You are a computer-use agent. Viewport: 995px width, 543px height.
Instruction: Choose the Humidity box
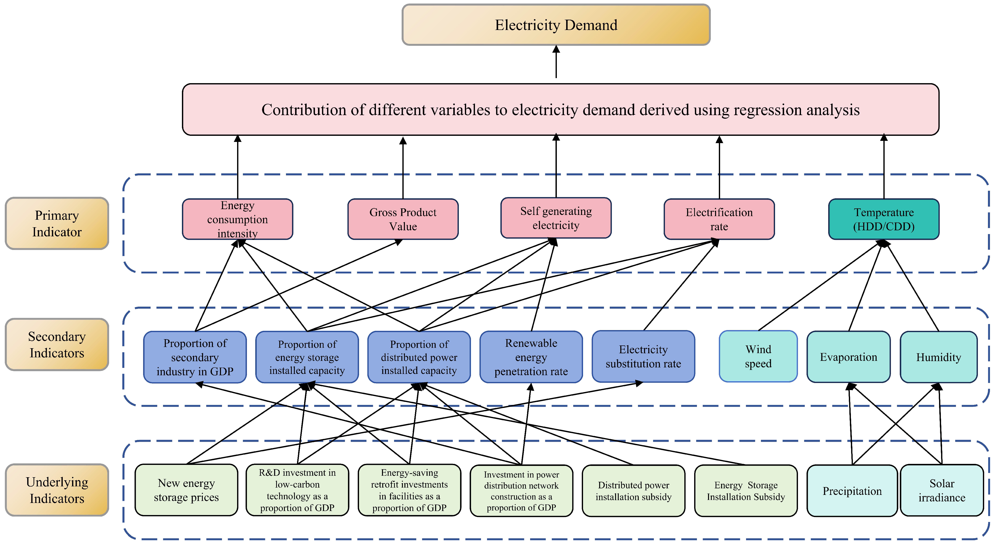(938, 357)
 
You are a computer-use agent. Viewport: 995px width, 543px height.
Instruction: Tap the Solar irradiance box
(941, 491)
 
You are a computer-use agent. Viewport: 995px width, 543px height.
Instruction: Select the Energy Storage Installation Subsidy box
(746, 491)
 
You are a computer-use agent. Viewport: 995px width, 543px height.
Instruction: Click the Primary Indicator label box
(57, 223)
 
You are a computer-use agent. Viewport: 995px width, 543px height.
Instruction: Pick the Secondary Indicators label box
(57, 344)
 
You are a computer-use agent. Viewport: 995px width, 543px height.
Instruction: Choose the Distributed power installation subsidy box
(633, 491)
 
